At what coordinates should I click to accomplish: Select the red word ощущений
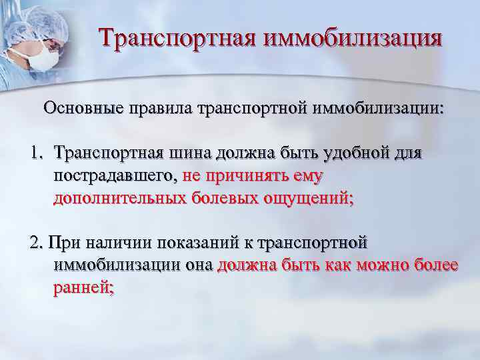311,198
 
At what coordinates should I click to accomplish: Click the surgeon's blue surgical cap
30,23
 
